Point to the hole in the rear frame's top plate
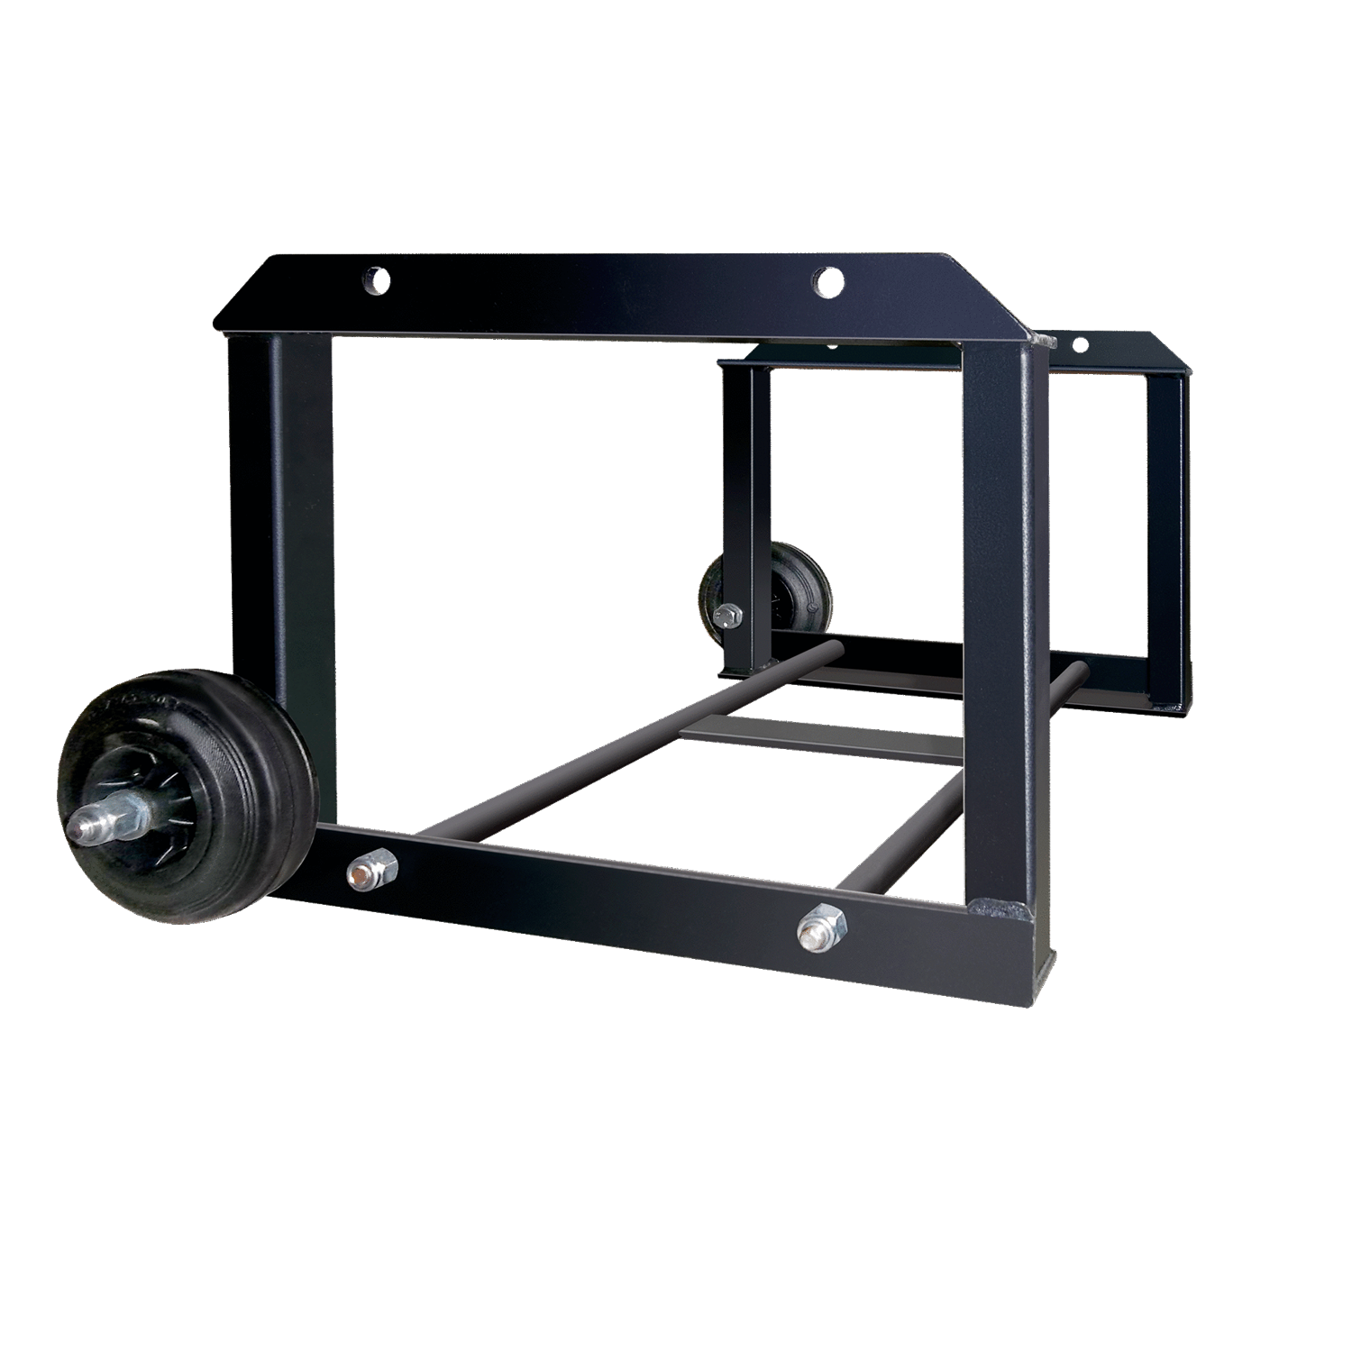coord(1079,343)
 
